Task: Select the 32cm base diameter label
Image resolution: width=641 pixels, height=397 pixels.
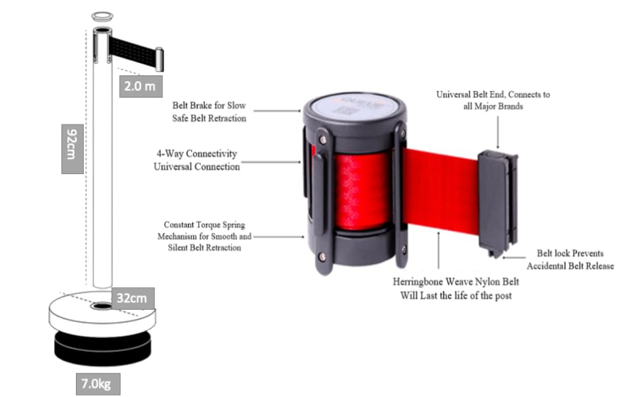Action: [x=132, y=298]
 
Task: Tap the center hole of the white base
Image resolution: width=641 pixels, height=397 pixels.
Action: [x=102, y=307]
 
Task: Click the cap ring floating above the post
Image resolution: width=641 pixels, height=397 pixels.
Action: [x=102, y=15]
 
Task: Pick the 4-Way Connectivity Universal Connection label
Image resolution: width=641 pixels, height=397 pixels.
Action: [x=196, y=160]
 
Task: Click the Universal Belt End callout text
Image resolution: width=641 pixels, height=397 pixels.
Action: [x=493, y=100]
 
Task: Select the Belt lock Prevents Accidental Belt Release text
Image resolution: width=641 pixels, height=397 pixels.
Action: [x=570, y=259]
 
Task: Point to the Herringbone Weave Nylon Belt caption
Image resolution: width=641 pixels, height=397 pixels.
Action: [x=455, y=288]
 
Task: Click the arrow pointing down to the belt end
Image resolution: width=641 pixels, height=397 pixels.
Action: [x=498, y=130]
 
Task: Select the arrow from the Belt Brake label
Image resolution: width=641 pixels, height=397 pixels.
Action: [x=278, y=111]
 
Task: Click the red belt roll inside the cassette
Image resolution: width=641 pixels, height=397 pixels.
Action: [x=360, y=192]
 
